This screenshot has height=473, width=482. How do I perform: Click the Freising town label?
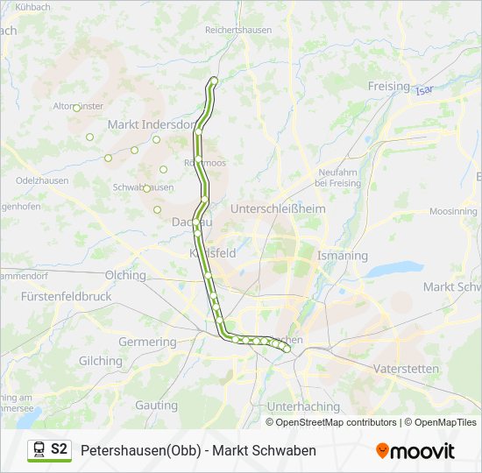[x=388, y=86]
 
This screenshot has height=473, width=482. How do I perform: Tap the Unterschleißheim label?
[x=277, y=209]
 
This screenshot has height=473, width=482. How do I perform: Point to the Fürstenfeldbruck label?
[x=67, y=297]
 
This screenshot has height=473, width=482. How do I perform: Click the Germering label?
[x=147, y=342]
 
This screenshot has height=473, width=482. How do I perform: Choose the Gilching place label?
[x=100, y=361]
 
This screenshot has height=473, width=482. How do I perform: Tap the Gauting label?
[x=156, y=406]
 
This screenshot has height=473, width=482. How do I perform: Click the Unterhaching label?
[x=303, y=406]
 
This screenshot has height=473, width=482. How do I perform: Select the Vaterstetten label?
[x=406, y=369]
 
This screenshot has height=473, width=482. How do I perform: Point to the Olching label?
[x=125, y=275]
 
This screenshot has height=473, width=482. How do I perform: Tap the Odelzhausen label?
[x=42, y=180]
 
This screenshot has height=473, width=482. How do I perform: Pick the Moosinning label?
[x=453, y=212]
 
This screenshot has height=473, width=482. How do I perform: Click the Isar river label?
[x=425, y=90]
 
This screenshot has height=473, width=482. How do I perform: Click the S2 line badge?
[x=59, y=449]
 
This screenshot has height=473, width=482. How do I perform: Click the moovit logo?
[x=415, y=450]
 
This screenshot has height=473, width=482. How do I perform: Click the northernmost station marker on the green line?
[x=213, y=81]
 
